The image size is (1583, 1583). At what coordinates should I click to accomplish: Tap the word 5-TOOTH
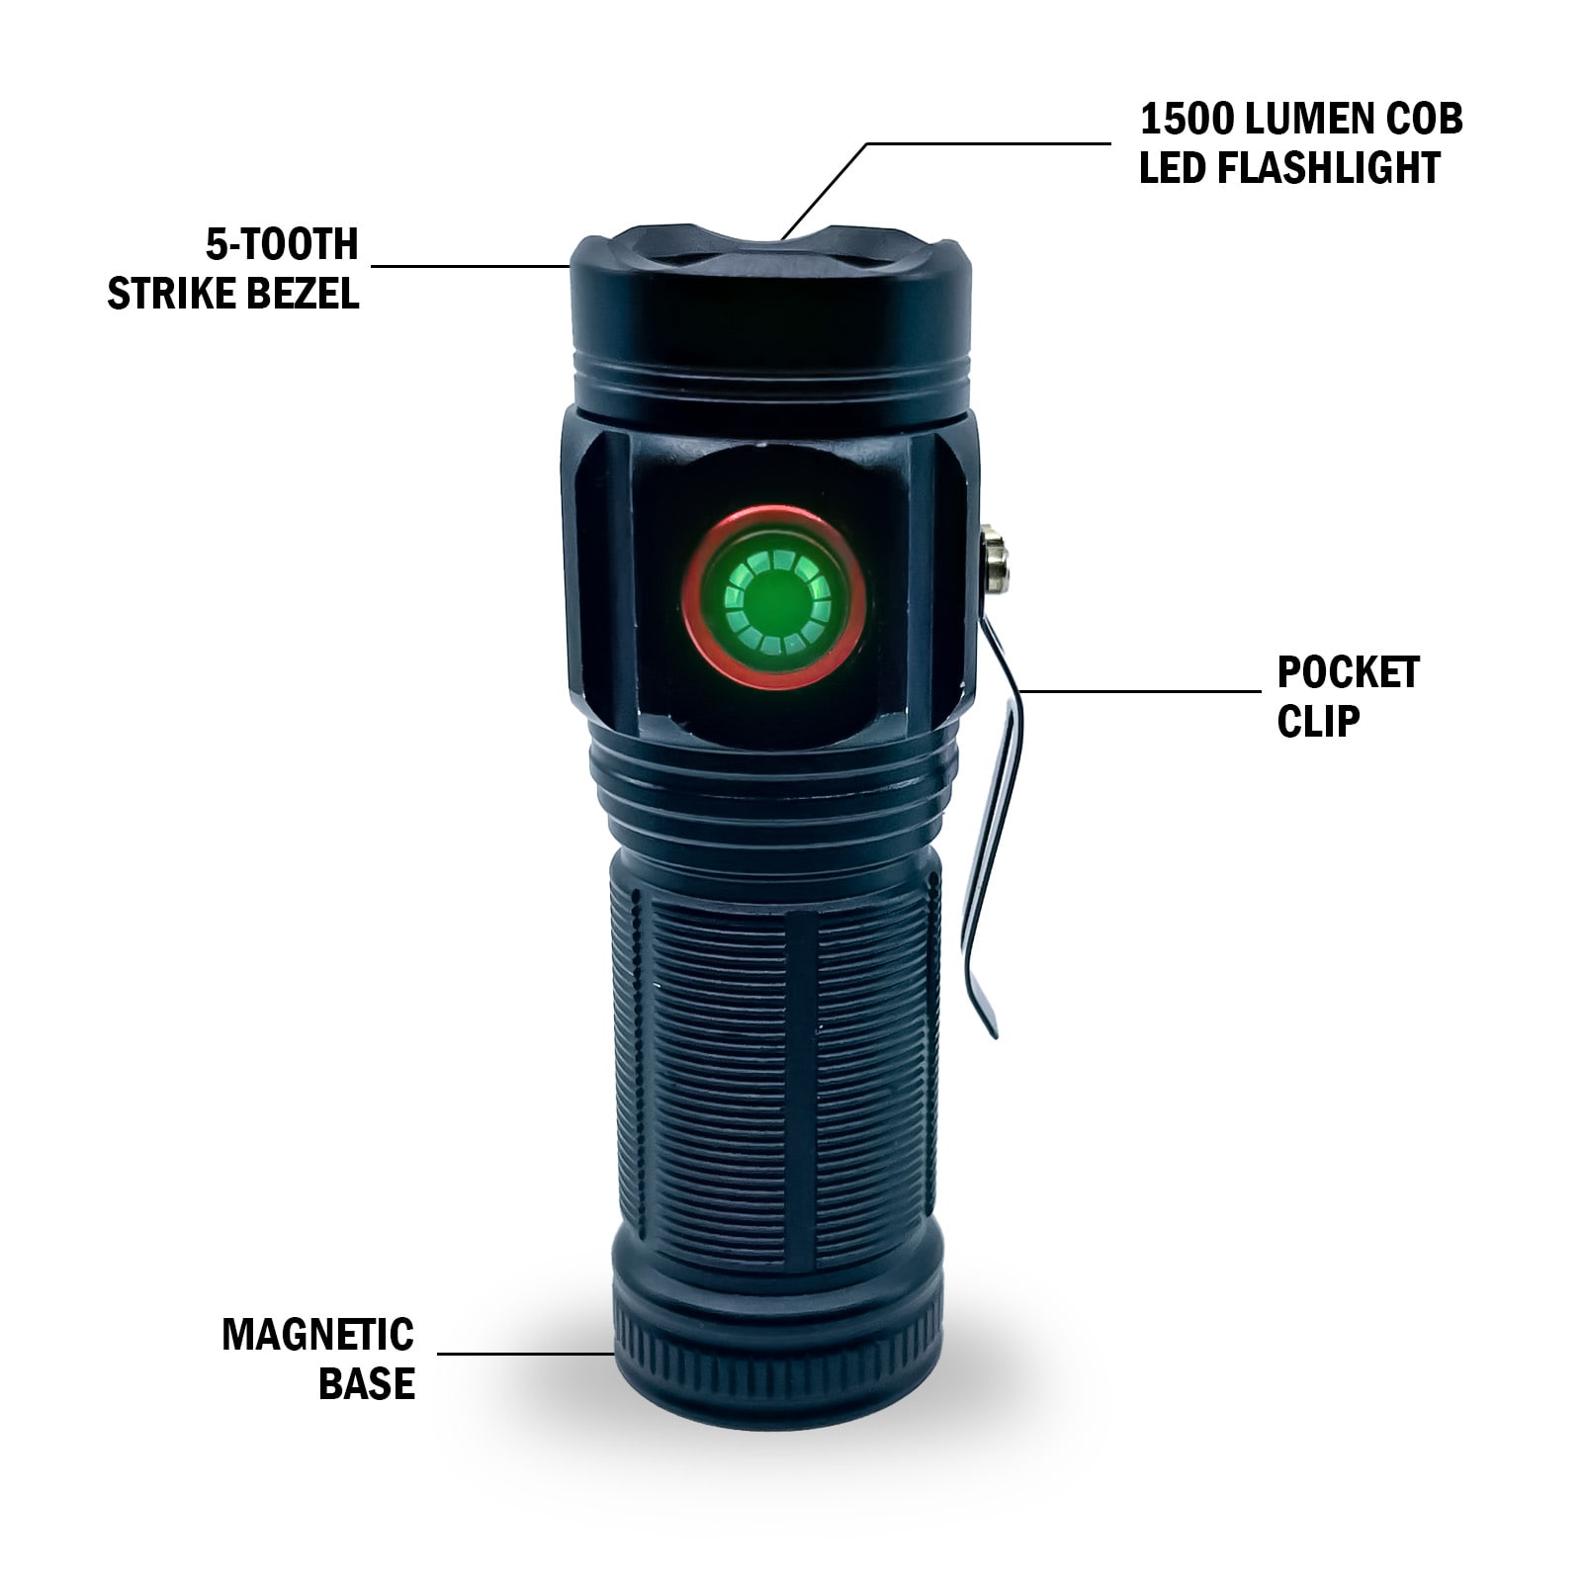(x=282, y=244)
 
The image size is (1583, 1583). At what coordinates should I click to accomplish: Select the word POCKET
(x=1348, y=673)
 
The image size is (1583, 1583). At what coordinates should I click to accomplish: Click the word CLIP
(x=1318, y=722)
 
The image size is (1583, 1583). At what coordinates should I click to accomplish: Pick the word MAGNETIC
(x=317, y=1335)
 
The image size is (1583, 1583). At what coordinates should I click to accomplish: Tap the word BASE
(x=366, y=1383)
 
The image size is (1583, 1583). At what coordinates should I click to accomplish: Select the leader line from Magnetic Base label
(x=524, y=1354)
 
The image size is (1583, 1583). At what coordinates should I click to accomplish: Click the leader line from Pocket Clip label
(x=1137, y=691)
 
